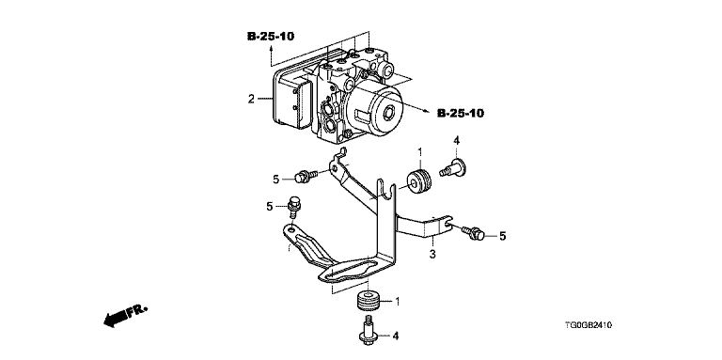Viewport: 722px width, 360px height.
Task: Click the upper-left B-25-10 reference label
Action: (x=271, y=36)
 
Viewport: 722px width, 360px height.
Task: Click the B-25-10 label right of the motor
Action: (x=461, y=113)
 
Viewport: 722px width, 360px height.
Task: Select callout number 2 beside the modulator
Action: (x=251, y=99)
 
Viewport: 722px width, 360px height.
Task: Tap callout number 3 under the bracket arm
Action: (x=432, y=254)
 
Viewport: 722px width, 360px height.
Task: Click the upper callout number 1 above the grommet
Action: (x=419, y=151)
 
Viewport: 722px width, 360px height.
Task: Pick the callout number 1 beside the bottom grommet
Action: (x=398, y=302)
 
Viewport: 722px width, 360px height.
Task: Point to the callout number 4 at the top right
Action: (x=456, y=141)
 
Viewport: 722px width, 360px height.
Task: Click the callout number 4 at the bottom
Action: (x=396, y=337)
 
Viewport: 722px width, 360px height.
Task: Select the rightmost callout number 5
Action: (x=502, y=236)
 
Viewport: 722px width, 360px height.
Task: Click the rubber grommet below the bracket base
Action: (x=369, y=301)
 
